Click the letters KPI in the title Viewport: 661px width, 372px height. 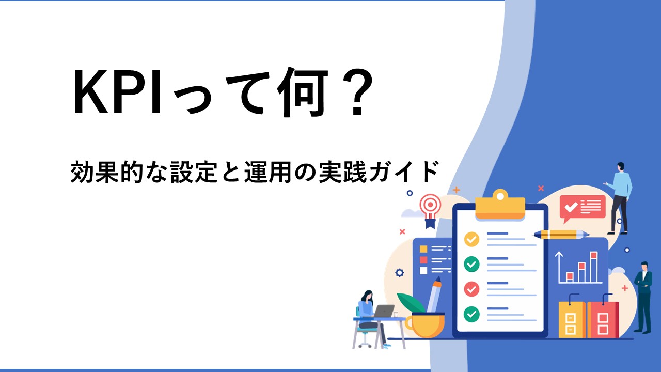tap(117, 92)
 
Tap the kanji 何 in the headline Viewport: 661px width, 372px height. tap(303, 92)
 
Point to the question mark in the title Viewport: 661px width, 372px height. tap(358, 92)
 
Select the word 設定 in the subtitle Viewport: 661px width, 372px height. tap(195, 172)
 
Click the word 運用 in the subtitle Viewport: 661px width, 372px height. tap(268, 172)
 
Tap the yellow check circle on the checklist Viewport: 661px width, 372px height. tap(471, 239)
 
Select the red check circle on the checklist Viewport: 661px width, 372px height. tap(471, 289)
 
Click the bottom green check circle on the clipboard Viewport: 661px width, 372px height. tap(471, 314)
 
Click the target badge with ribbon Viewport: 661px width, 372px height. tap(431, 210)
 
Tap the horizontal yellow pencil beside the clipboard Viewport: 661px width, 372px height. tap(560, 235)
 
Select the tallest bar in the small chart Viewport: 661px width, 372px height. tap(594, 267)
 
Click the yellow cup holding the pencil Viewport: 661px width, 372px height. tap(425, 326)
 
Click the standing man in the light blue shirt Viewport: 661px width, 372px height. tap(619, 198)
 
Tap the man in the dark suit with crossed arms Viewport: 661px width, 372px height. tap(643, 297)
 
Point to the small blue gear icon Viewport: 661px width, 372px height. tap(400, 273)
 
